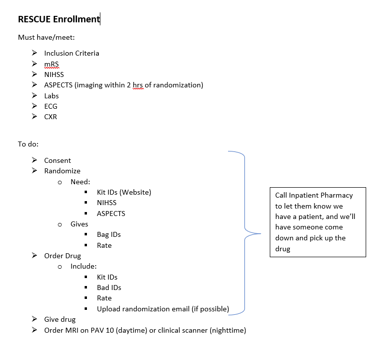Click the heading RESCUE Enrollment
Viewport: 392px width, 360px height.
[59, 19]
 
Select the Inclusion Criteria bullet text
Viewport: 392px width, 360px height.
[72, 53]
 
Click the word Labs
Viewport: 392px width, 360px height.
[51, 96]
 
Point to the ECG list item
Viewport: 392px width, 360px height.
[51, 106]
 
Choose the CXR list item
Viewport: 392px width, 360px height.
[51, 117]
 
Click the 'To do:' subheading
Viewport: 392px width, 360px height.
[28, 144]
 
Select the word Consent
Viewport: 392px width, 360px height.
[58, 160]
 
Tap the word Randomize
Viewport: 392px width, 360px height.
[62, 171]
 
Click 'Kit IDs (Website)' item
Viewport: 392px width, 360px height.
[124, 192]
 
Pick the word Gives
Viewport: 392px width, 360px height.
[79, 224]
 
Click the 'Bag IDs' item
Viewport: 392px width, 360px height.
[109, 234]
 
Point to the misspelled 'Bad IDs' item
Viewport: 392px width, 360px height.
[109, 288]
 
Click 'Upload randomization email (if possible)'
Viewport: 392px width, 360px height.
[163, 309]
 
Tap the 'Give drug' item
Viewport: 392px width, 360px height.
[60, 319]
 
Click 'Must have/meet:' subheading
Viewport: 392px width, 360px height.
[46, 37]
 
